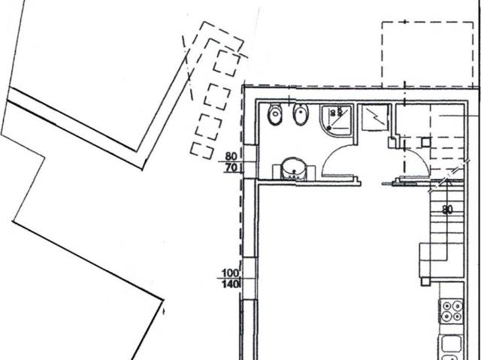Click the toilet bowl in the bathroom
(274, 114)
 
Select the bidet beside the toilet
(301, 114)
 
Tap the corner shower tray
(336, 120)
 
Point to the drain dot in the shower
(329, 127)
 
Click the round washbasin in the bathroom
(294, 169)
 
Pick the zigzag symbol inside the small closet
(376, 118)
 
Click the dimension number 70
(231, 168)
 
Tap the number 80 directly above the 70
(231, 156)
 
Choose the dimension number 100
(230, 273)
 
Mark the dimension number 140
(230, 284)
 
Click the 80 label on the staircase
(447, 210)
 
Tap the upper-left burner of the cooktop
(446, 306)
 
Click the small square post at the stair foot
(425, 281)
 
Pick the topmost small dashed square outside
(227, 62)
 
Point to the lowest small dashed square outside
(202, 150)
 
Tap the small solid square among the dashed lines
(425, 143)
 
